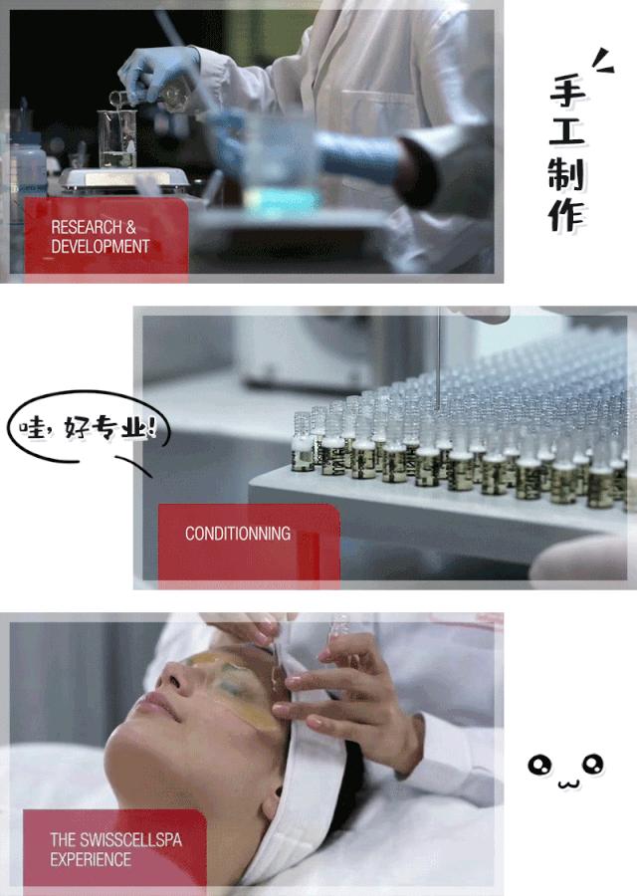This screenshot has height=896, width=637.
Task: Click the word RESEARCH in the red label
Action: click(x=87, y=227)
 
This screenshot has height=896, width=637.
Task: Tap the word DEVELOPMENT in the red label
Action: click(x=101, y=246)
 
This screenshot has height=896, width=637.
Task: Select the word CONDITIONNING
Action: click(x=238, y=534)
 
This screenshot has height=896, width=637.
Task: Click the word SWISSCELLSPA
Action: click(x=130, y=839)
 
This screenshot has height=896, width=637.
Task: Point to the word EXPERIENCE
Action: click(x=91, y=859)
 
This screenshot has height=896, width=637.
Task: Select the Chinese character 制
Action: click(x=566, y=175)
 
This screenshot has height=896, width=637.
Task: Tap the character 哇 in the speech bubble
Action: click(x=32, y=427)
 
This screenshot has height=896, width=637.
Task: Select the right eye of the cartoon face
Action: click(x=592, y=763)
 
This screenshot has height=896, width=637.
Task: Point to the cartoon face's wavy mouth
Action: click(x=568, y=783)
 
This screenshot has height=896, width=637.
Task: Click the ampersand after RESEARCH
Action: click(x=130, y=227)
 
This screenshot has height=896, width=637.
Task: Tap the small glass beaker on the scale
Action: click(x=117, y=138)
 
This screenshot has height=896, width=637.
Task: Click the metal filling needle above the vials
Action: click(x=438, y=360)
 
